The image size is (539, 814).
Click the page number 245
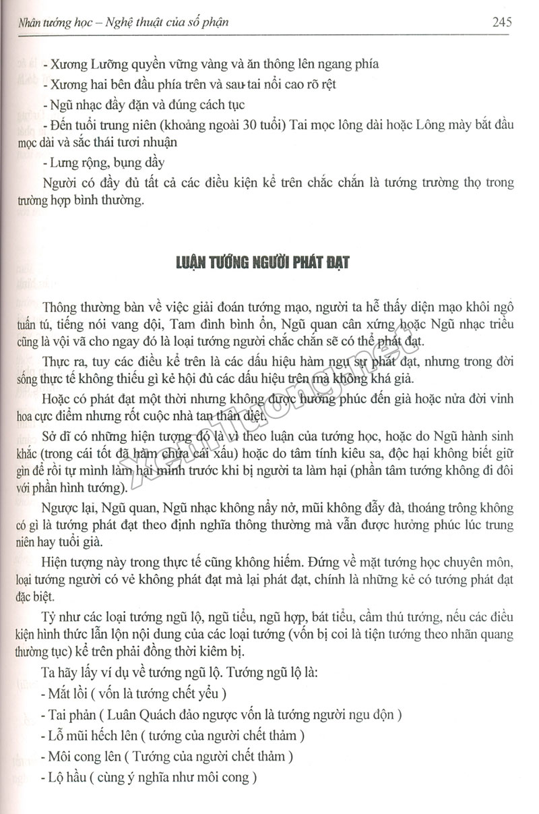(502, 22)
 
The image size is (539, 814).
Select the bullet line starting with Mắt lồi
(133, 693)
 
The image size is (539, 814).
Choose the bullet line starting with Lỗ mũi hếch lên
(172, 735)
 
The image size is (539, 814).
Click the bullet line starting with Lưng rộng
(102, 163)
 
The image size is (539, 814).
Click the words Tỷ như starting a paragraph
(57, 616)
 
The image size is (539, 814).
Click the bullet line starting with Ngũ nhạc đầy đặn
(141, 105)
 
